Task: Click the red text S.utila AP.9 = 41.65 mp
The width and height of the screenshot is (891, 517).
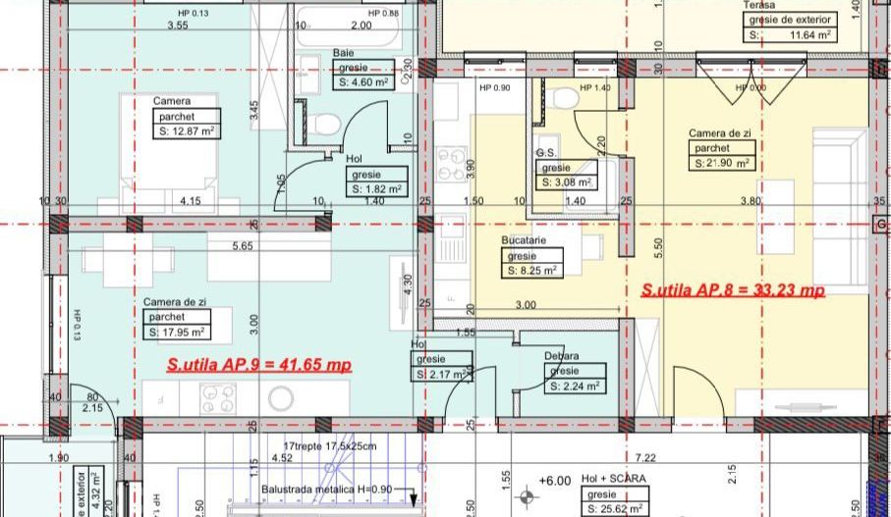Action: (258, 364)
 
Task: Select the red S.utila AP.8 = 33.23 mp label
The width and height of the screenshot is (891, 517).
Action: (732, 290)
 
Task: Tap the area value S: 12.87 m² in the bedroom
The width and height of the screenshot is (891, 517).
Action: (187, 130)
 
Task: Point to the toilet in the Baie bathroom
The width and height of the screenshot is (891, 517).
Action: (329, 123)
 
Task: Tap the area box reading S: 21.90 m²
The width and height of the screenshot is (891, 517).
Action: (722, 164)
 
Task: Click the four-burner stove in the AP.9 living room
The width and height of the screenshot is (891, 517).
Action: (218, 397)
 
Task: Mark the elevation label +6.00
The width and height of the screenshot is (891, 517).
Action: (555, 481)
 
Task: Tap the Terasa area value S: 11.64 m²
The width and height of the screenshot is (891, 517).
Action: (791, 34)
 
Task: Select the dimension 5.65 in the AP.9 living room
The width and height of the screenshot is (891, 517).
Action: (243, 246)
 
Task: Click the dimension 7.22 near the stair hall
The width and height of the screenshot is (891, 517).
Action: (645, 457)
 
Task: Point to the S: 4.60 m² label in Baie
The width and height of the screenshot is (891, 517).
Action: (364, 83)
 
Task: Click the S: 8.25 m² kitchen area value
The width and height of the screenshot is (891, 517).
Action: (532, 270)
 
